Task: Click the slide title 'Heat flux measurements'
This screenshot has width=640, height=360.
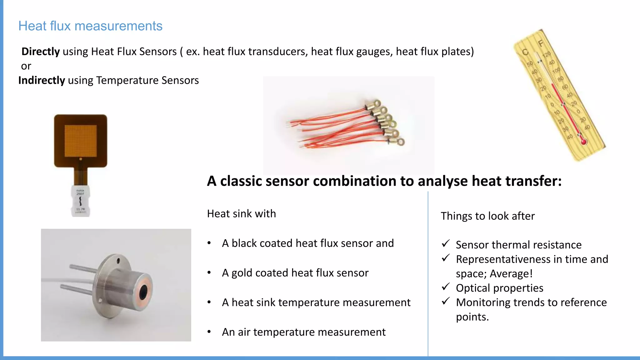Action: [x=90, y=26]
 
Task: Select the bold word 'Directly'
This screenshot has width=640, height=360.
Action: [x=41, y=52]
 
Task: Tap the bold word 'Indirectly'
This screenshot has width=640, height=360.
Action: [x=42, y=80]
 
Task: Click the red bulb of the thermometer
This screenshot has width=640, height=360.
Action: [x=583, y=142]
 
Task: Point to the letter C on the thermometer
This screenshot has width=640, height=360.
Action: [x=525, y=52]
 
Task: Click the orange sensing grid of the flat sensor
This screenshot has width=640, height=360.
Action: [x=81, y=141]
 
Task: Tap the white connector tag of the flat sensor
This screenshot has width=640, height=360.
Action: [x=80, y=201]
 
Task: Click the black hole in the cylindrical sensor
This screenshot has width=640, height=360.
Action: [x=143, y=292]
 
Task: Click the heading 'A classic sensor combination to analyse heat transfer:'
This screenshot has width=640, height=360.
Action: [x=384, y=181]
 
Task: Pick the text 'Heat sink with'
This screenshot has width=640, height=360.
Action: [x=242, y=214]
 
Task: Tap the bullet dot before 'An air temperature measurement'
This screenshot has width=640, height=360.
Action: [x=209, y=332]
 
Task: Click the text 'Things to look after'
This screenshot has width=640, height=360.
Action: [x=487, y=216]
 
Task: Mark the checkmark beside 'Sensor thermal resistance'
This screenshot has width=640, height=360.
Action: [x=446, y=243]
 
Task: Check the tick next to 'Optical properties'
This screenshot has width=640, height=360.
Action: [x=446, y=287]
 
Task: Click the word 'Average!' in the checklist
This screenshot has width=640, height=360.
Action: [x=511, y=274]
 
